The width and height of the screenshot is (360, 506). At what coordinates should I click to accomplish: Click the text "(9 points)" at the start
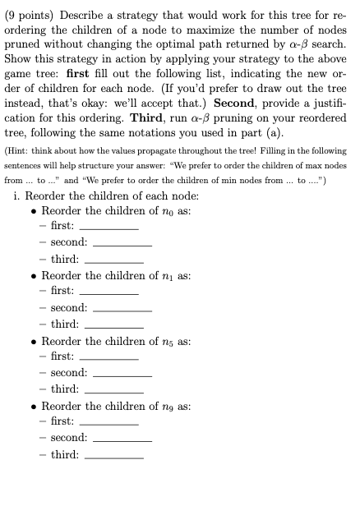pos(29,12)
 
